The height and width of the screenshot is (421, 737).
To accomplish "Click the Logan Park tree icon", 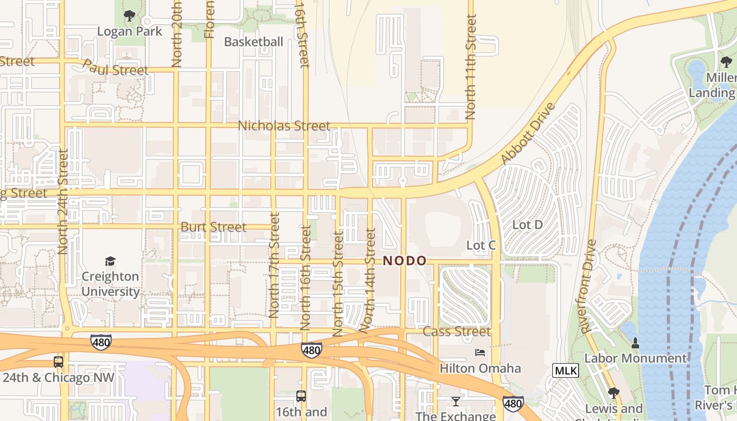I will pyautogui.click(x=130, y=16).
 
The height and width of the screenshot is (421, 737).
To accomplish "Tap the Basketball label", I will pyautogui.click(x=254, y=42).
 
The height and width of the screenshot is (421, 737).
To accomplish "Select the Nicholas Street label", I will pyautogui.click(x=284, y=126).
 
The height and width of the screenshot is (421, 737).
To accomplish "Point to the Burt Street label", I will pyautogui.click(x=213, y=227).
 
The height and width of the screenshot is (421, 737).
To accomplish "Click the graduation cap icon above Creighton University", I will pyautogui.click(x=110, y=261).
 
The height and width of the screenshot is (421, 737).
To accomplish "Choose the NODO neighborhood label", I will pyautogui.click(x=404, y=260).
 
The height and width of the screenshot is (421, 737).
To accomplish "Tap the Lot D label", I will pyautogui.click(x=527, y=225).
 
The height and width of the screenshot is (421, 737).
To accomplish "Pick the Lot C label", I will pyautogui.click(x=481, y=246).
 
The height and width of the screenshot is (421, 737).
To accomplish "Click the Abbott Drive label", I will pyautogui.click(x=528, y=134).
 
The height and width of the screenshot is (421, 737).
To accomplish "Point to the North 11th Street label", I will pyautogui.click(x=471, y=66).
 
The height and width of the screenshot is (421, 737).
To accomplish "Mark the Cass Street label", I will pyautogui.click(x=456, y=332).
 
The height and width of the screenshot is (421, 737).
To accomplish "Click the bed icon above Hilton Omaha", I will pyautogui.click(x=480, y=352).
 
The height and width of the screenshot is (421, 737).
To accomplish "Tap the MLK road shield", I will pyautogui.click(x=565, y=370).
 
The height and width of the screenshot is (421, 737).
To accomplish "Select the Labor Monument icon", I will pyautogui.click(x=635, y=343).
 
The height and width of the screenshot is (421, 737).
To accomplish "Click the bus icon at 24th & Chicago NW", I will pyautogui.click(x=58, y=362).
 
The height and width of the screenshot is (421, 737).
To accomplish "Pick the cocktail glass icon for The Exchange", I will pyautogui.click(x=456, y=402).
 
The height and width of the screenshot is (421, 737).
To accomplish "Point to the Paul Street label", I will pyautogui.click(x=116, y=68).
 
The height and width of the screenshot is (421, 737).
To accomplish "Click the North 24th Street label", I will pyautogui.click(x=63, y=202).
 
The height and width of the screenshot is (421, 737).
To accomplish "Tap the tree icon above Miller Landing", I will pyautogui.click(x=726, y=62).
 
